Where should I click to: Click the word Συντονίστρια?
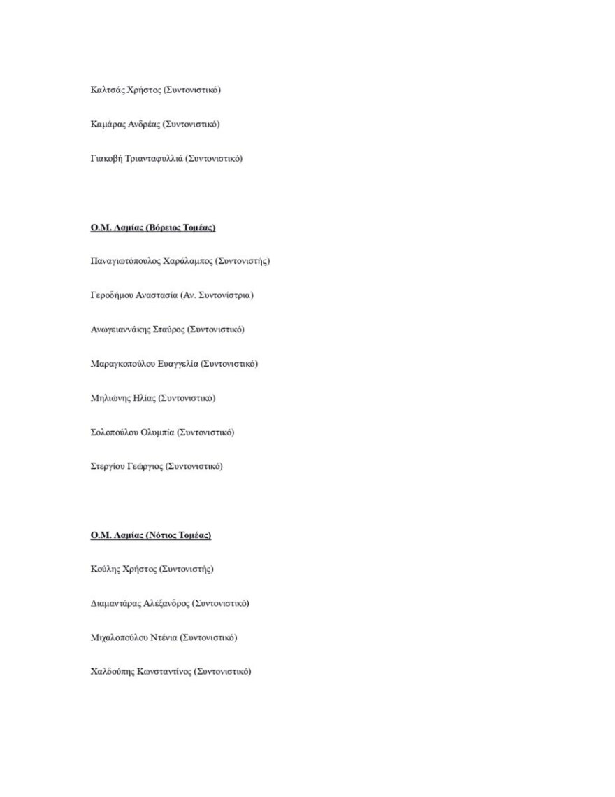[x=224, y=295]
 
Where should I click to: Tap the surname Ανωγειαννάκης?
[x=120, y=330]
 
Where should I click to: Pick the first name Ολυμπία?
[x=159, y=432]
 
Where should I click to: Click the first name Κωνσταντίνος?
[x=164, y=672]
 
